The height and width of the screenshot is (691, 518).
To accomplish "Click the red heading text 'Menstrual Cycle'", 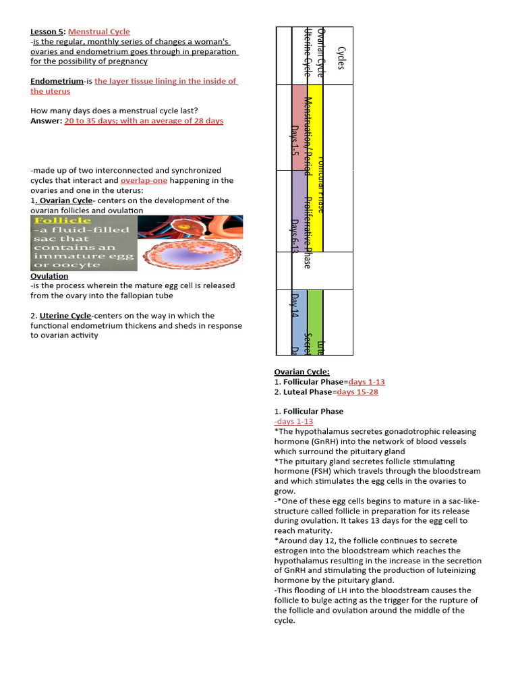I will pos(99,32).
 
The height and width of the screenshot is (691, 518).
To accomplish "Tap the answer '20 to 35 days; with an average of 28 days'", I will pos(144,121).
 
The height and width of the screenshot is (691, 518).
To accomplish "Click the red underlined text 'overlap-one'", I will pos(144,181).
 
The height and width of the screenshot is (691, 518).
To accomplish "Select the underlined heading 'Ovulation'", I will pos(49,276).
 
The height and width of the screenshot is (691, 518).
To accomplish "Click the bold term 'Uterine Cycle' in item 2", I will pos(65,315).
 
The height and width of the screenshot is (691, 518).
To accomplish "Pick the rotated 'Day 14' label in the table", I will pos(294,305).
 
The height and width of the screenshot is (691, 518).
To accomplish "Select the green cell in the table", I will pos(315,321).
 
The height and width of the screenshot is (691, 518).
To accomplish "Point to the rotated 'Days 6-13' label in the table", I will pos(294,236).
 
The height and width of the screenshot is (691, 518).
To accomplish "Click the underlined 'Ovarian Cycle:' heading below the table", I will pos(301,372).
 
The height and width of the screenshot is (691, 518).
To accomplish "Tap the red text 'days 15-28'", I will pos(357,392).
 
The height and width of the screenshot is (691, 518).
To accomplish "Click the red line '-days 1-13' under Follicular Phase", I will pos(293,421).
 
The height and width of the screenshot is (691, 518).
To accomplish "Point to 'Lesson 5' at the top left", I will pos(47,32).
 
